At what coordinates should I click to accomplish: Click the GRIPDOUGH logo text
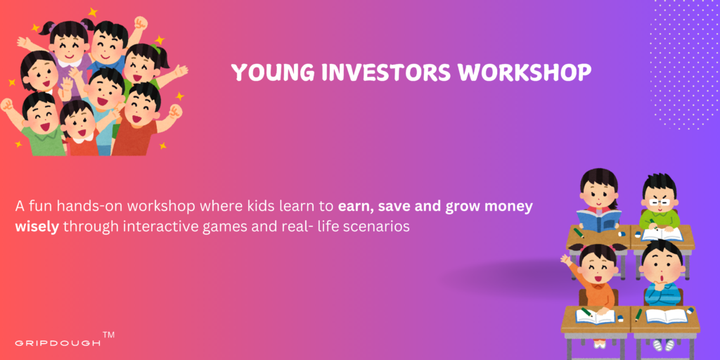click(58, 343)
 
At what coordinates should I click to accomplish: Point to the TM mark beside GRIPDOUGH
click(109, 335)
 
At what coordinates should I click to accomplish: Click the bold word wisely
click(37, 227)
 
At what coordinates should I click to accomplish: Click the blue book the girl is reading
click(599, 219)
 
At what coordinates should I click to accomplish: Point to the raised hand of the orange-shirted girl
click(565, 259)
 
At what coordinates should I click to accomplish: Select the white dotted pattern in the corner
click(682, 63)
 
